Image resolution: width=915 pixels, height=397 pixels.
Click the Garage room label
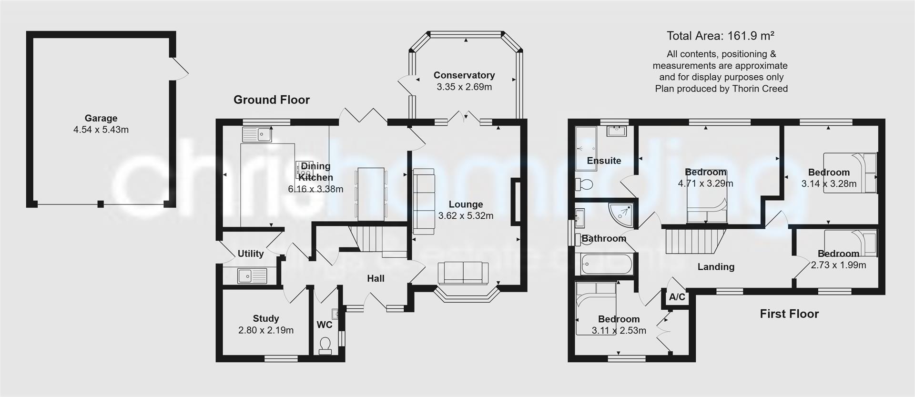coord(101,118)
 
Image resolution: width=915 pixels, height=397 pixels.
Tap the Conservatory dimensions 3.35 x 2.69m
coord(464,87)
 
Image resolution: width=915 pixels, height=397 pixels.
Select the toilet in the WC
coord(325,346)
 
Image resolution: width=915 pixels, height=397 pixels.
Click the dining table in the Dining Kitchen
coord(371,194)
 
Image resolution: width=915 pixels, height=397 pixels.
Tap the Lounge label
coord(466,204)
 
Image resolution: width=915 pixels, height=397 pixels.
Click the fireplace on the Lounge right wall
coord(515,201)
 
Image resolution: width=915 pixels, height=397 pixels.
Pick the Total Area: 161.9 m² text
coord(720,36)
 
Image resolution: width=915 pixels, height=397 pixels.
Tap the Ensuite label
coord(604,161)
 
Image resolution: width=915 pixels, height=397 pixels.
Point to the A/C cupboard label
coord(677,297)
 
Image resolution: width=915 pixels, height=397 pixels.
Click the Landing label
coord(715,267)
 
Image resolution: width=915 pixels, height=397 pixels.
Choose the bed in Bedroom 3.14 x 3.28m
coord(850,173)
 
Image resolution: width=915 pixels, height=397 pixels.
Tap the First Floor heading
coord(789,314)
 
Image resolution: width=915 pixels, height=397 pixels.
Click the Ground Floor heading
coord(271,100)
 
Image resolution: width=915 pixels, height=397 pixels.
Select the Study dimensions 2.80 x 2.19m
coord(265,330)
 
